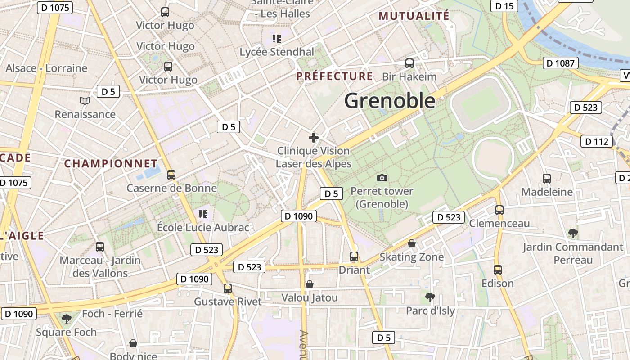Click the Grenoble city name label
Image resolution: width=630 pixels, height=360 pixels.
point(390,101)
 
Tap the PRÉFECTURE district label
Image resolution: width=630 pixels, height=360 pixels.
point(334,76)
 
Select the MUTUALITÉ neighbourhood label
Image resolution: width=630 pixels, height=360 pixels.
point(414,16)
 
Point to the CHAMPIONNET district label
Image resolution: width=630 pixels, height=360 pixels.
point(111,163)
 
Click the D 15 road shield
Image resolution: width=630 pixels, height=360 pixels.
point(504,6)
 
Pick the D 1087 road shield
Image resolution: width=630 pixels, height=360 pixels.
point(560,63)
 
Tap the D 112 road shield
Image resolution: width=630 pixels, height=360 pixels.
point(597,141)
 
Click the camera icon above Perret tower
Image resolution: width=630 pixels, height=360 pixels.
point(382,178)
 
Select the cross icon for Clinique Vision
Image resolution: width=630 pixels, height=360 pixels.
point(314,138)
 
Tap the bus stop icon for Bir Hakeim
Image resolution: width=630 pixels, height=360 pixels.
point(409,63)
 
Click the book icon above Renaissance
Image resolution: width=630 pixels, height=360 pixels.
point(85,101)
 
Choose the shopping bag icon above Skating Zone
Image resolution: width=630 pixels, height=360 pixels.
point(411,244)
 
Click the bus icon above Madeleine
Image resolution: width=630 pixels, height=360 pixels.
point(547,179)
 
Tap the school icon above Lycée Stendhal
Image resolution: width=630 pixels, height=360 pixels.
point(277,39)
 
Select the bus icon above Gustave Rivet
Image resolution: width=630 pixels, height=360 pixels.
point(228,288)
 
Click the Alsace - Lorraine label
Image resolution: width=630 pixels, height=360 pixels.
point(46,68)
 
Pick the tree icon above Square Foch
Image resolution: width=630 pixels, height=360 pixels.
point(67,319)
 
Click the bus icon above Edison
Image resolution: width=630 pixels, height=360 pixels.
point(497,270)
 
